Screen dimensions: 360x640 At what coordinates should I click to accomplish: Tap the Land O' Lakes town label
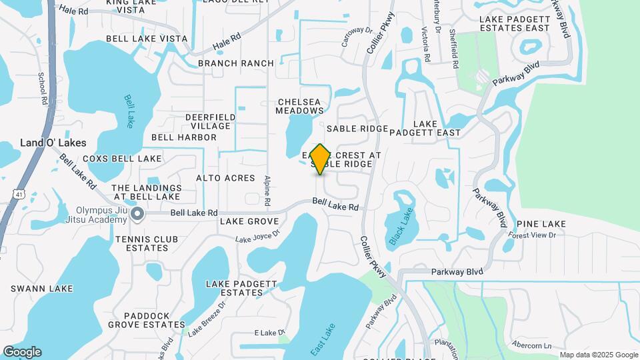53,143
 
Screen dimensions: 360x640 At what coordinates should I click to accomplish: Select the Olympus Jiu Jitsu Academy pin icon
137,213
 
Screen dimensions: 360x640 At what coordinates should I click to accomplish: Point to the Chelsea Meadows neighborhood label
300,106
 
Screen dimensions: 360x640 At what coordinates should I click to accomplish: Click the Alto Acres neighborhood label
225,178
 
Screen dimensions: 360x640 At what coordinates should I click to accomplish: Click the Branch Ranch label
236,63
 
